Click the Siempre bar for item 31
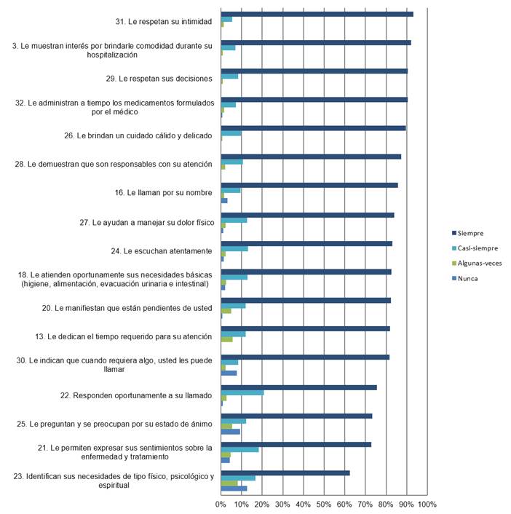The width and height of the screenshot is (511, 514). coord(317,14)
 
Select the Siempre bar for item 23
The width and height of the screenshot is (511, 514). coord(285,473)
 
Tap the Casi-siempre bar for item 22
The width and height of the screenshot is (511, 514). coord(242,392)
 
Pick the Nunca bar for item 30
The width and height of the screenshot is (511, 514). coord(229,373)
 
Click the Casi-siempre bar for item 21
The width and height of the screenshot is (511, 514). coord(239,450)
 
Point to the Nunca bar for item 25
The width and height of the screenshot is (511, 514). coord(230,432)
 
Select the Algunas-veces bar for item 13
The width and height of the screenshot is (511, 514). coord(227,339)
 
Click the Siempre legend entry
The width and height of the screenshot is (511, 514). coord(474,233)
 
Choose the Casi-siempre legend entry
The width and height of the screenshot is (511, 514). coord(478,248)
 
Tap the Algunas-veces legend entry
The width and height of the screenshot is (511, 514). coord(480,263)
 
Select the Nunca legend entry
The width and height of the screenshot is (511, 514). coord(468,278)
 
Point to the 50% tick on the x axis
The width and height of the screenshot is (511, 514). coord(323,504)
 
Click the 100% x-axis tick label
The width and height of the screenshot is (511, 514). coord(427,504)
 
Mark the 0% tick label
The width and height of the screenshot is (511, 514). coord(221,504)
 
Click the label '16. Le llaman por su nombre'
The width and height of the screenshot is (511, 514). coord(164,193)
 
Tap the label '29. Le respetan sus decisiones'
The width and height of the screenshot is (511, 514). coord(159,78)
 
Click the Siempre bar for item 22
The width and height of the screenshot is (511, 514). coord(298,387)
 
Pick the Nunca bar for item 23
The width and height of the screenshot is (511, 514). coord(234,489)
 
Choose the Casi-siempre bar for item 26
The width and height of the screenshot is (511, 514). coord(231,133)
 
